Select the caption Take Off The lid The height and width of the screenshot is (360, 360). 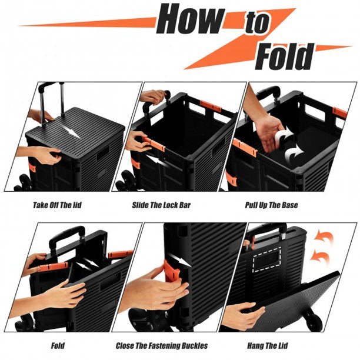coord(57,205)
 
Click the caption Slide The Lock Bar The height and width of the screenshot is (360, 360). coord(161,205)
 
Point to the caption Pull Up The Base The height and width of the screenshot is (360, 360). coord(271,205)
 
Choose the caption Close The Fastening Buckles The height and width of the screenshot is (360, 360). coord(162,345)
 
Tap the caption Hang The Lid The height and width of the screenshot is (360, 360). coord(268,345)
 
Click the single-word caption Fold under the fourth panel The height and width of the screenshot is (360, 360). coord(58,345)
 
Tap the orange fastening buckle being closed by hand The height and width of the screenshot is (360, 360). coord(172,271)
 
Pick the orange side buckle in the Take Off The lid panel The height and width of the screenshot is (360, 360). coord(32,168)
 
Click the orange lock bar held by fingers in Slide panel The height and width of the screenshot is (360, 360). coord(154,144)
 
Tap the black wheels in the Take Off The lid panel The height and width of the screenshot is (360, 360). coord(22,183)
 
